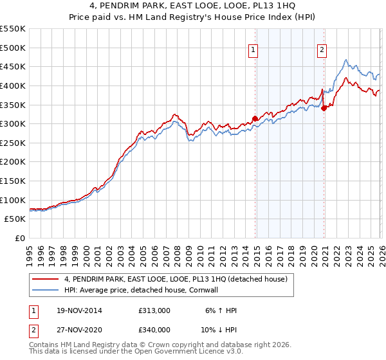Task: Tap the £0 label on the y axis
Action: coord(19,238)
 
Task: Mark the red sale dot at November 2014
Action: coord(255,118)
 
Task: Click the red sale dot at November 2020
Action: coord(324,108)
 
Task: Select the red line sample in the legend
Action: coord(45,279)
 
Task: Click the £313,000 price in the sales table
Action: coord(154,310)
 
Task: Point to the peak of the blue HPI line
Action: coord(346,60)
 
